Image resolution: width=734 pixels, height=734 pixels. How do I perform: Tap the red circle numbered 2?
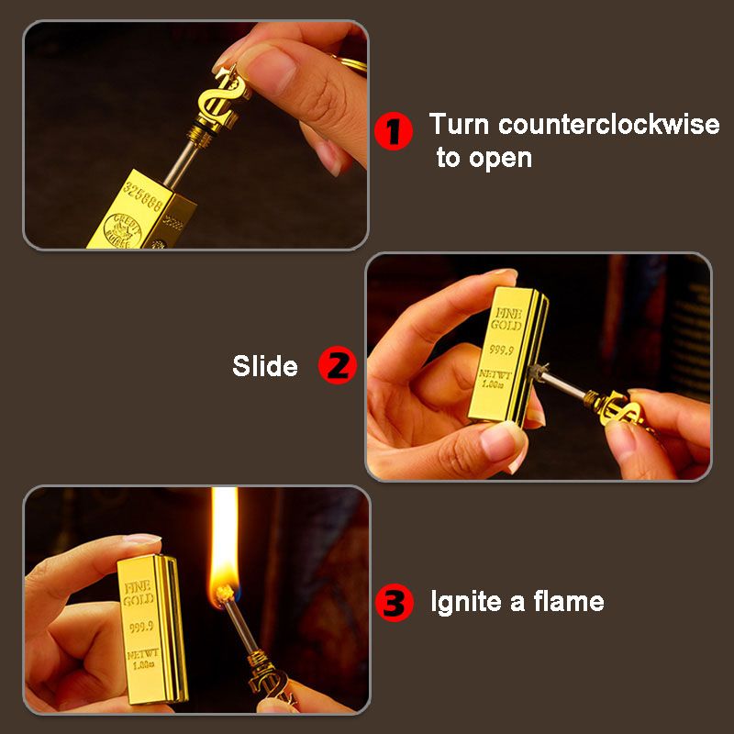(x=337, y=366)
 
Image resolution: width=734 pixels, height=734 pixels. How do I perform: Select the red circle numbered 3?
(x=395, y=603)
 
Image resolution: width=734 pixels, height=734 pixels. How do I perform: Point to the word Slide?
(x=265, y=367)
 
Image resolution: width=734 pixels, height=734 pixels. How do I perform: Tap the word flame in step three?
(x=564, y=603)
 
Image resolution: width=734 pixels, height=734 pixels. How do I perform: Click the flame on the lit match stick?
(x=224, y=550)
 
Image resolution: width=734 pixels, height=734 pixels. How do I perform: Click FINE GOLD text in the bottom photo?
(x=139, y=591)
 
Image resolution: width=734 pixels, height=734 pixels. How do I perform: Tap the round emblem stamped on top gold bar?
(x=123, y=227)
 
